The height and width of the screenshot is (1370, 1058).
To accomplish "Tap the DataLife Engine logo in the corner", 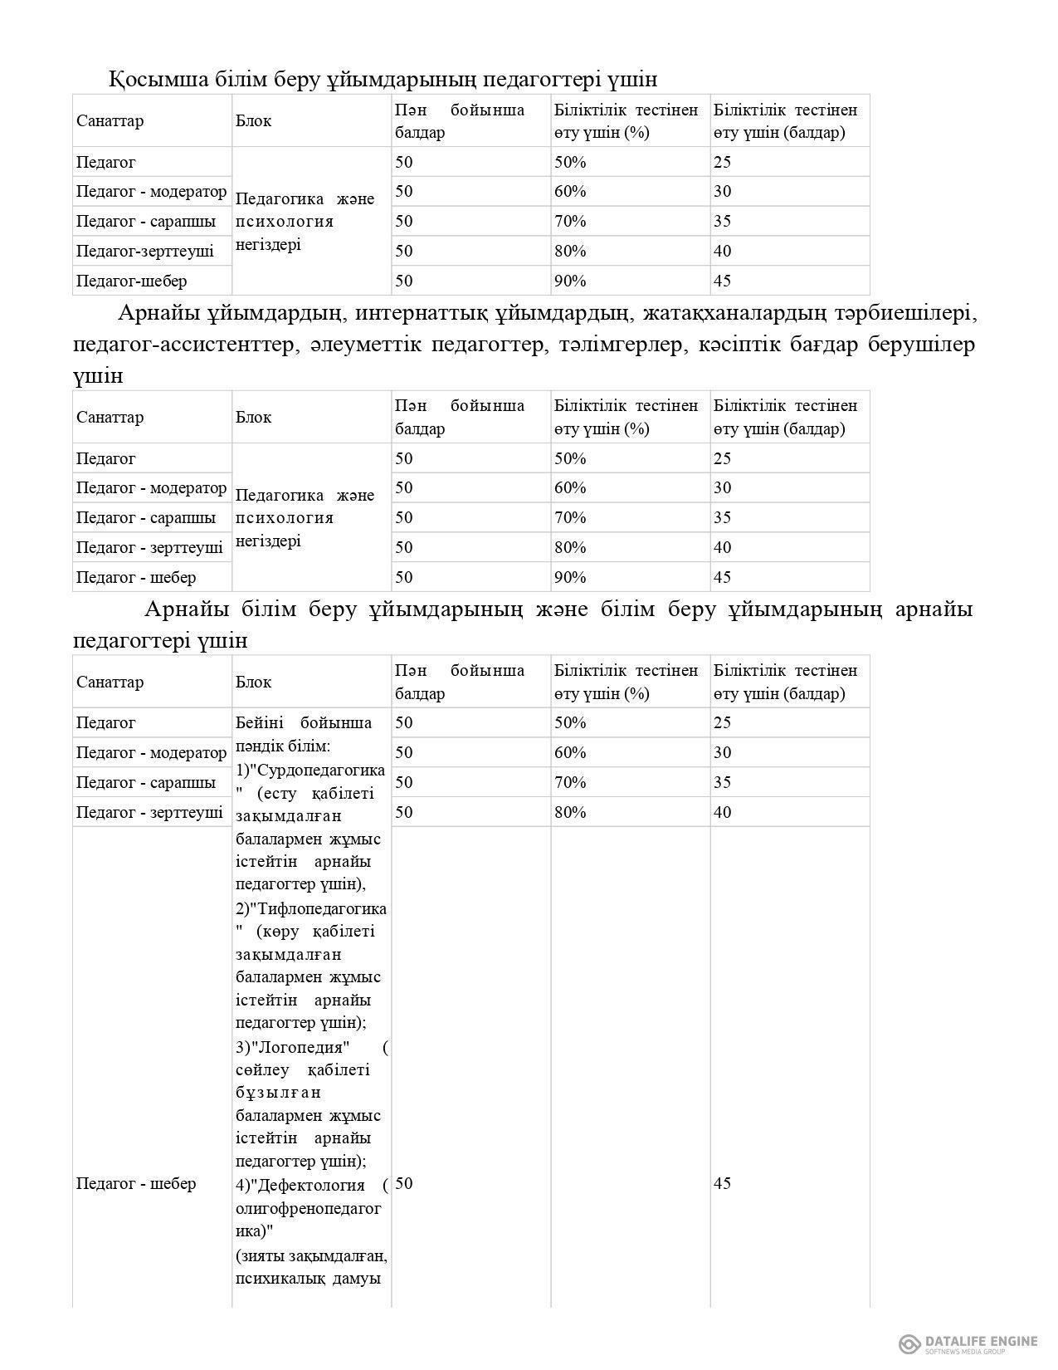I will tap(968, 1343).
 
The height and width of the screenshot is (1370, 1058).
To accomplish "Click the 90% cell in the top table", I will tap(570, 281).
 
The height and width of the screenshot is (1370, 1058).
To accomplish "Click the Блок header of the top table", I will tap(253, 120).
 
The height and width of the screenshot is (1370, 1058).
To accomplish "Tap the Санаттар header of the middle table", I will tap(110, 417).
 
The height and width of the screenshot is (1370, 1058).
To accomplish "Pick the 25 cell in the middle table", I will tap(722, 458).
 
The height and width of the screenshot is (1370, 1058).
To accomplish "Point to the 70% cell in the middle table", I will tap(570, 517).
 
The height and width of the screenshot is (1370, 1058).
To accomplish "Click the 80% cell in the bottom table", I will tap(570, 811).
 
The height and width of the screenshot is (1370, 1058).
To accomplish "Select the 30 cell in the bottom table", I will tap(722, 752).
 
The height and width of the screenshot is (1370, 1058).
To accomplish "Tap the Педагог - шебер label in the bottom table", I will tap(136, 1183).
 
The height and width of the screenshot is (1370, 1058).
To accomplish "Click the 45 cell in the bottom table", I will tap(722, 1183).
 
